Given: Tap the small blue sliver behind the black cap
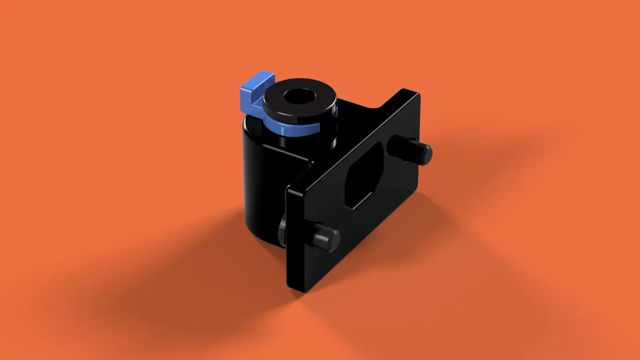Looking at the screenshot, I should point(335,107).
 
